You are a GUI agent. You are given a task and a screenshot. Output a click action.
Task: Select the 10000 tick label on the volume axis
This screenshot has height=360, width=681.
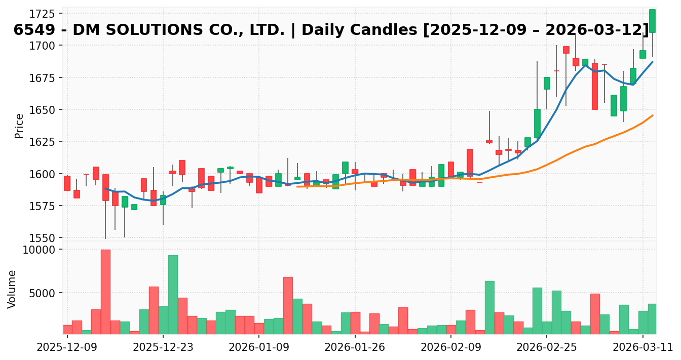pyautogui.click(x=42, y=250)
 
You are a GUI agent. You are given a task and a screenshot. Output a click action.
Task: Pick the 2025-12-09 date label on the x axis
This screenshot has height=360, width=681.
pyautogui.click(x=67, y=347)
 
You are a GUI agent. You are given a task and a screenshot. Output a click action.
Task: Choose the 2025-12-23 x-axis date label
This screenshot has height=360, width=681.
pyautogui.click(x=163, y=347)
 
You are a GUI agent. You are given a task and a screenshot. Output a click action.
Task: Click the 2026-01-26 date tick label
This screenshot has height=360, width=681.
pyautogui.click(x=355, y=347)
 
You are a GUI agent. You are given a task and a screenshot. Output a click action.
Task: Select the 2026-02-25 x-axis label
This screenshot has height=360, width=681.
pyautogui.click(x=546, y=347)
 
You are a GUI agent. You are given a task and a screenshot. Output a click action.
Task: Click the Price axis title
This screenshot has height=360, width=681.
pyautogui.click(x=19, y=126)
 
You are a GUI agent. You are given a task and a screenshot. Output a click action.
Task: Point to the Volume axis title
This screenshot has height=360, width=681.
pyautogui.click(x=12, y=289)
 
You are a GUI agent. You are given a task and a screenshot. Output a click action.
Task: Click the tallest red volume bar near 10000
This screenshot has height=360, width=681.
pyautogui.click(x=105, y=292)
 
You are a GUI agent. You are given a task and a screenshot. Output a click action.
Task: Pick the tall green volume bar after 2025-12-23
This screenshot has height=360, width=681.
pyautogui.click(x=173, y=294)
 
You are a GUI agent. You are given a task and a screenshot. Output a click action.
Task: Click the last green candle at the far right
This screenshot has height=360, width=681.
pyautogui.click(x=652, y=21)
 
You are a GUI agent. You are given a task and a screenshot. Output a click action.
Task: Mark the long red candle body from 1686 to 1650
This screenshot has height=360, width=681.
pyautogui.click(x=594, y=86)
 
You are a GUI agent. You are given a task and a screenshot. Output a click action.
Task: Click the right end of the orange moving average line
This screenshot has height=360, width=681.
pyautogui.click(x=653, y=115)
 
